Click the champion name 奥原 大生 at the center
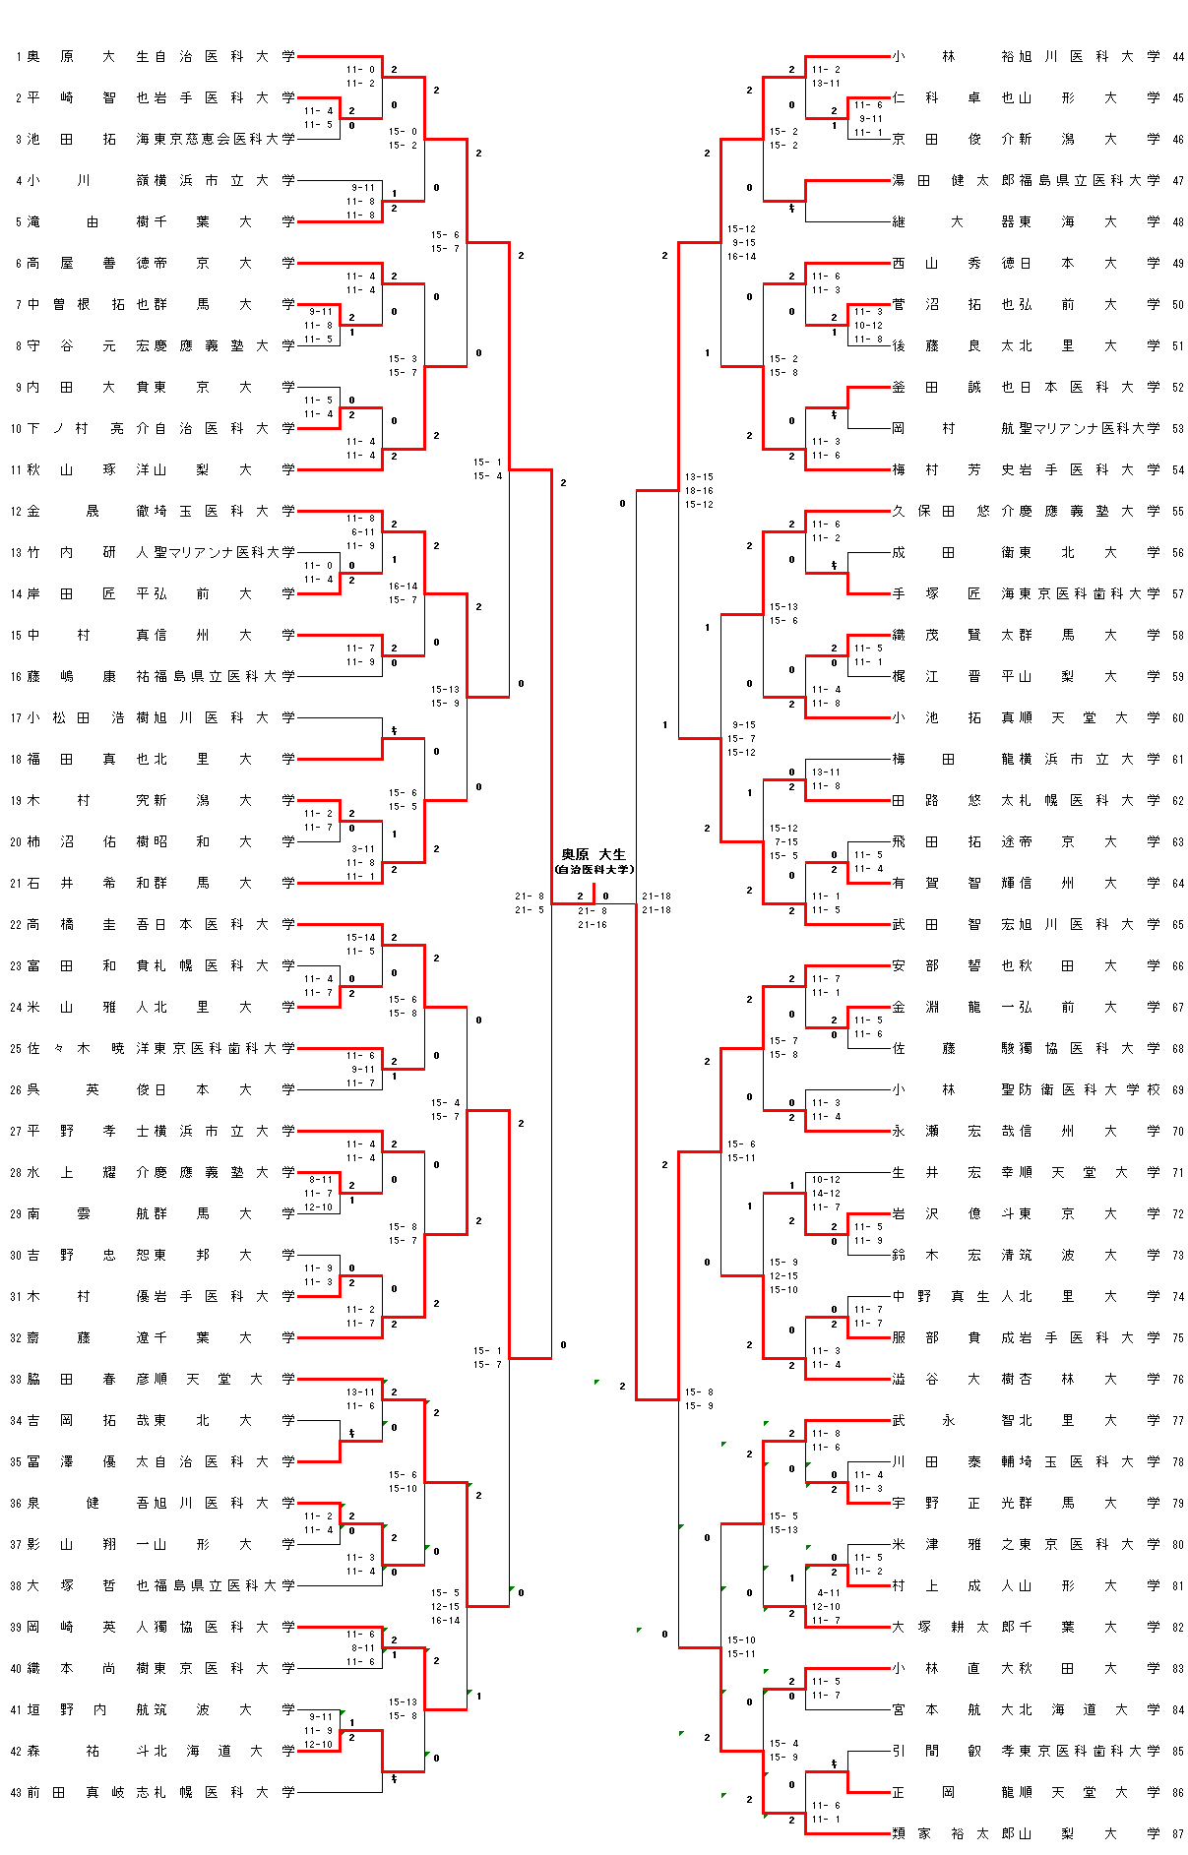(x=593, y=854)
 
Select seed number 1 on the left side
(x=18, y=57)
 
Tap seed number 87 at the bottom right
(x=1178, y=1833)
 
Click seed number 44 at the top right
(x=1178, y=57)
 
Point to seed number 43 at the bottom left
(x=16, y=1792)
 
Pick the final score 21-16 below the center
(x=593, y=925)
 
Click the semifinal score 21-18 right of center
(x=657, y=897)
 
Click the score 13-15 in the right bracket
(x=699, y=477)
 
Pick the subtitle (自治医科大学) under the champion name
(x=594, y=870)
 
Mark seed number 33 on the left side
(x=16, y=1379)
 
